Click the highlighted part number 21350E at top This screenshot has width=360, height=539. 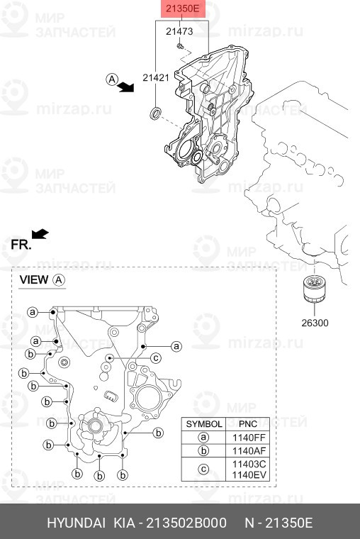coord(182,9)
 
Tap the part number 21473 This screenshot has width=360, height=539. coord(179,31)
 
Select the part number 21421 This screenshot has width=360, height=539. coord(156,78)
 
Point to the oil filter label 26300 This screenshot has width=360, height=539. coord(315,323)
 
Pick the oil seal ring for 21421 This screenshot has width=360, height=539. coord(157,113)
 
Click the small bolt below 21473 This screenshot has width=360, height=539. coord(180,46)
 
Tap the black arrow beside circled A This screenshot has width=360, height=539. coord(125,87)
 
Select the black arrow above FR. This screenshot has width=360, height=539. coord(40,234)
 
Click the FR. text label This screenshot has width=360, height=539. coord(21,245)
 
